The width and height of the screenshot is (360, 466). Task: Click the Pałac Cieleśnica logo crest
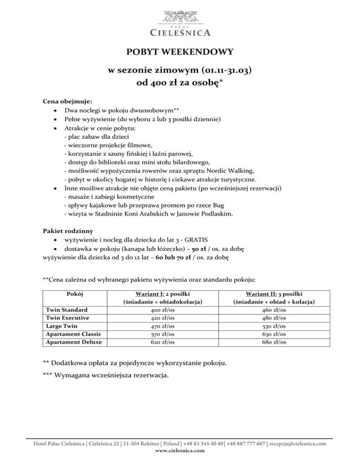tap(180, 14)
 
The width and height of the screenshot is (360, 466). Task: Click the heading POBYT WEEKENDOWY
tap(180, 52)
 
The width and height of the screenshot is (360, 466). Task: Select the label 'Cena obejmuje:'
tap(61, 101)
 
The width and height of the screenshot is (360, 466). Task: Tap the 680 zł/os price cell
tap(274, 342)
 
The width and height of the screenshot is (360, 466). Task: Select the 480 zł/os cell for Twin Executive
tap(274, 318)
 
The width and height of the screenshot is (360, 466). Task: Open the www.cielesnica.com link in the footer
tap(180, 451)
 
